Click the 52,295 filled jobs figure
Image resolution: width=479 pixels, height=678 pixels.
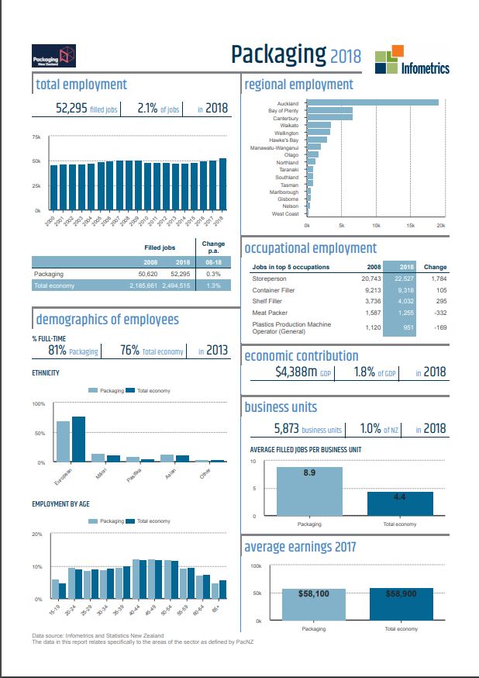75,109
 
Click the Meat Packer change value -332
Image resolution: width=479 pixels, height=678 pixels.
436,313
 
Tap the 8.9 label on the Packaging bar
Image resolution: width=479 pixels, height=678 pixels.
308,472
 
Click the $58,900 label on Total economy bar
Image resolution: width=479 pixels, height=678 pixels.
401,593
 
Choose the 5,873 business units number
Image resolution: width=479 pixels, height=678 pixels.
297,429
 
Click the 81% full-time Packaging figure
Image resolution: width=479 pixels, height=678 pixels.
57,351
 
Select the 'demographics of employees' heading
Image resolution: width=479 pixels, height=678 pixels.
108,320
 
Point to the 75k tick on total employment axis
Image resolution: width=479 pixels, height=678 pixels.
36,137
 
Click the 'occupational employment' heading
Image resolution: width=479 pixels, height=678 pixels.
311,248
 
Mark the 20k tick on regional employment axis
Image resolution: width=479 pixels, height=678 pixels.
441,224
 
